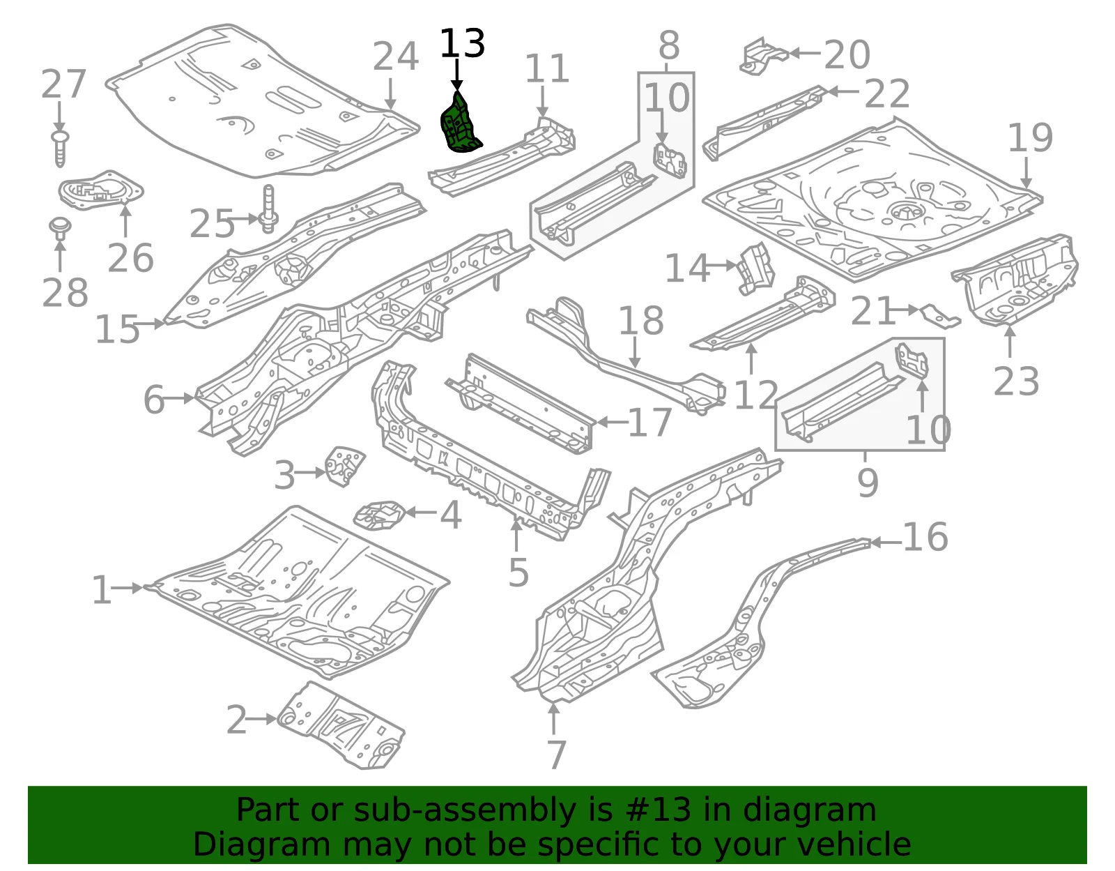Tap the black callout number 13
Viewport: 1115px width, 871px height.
pos(462,44)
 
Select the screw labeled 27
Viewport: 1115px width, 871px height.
pos(60,149)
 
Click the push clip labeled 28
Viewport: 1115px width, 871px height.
pos(60,228)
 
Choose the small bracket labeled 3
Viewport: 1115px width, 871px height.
pos(345,466)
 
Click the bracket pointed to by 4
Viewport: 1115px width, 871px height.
pos(379,515)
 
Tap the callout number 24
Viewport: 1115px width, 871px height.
pos(395,56)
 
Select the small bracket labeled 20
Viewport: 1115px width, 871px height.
pos(762,56)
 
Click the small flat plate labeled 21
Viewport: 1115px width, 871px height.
pos(939,315)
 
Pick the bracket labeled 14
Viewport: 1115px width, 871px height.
pos(755,268)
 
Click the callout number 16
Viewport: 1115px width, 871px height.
pos(925,537)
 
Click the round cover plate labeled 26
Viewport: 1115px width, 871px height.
pos(101,190)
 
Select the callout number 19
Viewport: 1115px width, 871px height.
pos(1031,138)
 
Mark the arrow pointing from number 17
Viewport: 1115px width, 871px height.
pos(613,422)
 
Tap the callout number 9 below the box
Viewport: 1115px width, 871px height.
pos(868,483)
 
